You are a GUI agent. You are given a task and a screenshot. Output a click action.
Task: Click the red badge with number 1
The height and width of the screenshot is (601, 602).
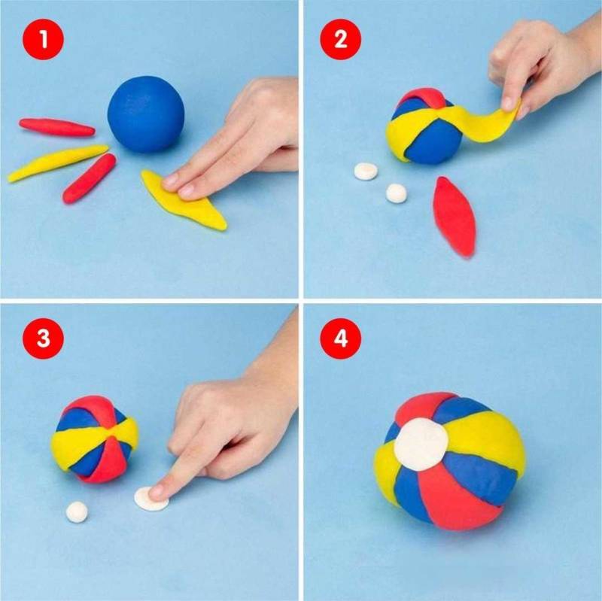(44, 39)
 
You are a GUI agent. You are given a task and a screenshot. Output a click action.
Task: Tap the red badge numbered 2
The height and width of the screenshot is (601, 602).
(341, 39)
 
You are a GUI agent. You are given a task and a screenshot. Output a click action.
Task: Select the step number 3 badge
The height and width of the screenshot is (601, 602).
(44, 338)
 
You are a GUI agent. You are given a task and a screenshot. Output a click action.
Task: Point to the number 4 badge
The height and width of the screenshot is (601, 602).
(341, 338)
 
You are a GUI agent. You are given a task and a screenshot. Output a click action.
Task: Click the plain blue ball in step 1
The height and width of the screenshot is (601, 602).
(146, 114)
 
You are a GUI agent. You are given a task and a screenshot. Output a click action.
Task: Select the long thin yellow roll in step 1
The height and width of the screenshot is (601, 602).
(58, 162)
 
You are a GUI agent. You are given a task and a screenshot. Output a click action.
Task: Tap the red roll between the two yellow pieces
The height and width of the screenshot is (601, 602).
(90, 178)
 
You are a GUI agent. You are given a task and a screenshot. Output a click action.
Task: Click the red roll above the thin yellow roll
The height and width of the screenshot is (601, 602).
(57, 127)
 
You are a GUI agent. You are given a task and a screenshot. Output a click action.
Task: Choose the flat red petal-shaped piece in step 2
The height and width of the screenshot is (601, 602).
(455, 216)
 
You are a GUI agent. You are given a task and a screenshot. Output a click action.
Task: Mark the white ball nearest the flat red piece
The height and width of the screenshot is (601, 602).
(397, 193)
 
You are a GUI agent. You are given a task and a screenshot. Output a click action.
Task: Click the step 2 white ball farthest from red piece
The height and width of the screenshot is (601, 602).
(366, 171)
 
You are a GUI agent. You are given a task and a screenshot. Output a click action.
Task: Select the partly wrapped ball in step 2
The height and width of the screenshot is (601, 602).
(424, 126)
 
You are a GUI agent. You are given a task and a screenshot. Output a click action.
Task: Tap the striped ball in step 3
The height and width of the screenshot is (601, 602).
(95, 439)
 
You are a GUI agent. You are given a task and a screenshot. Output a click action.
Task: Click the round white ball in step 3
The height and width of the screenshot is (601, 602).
(77, 512)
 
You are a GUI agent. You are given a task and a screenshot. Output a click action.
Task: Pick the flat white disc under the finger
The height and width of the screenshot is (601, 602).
(151, 499)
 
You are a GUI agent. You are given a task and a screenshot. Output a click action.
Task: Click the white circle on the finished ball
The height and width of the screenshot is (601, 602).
(421, 444)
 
